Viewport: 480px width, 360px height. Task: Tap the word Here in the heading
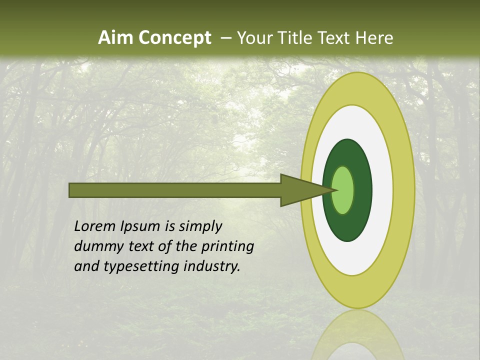tap(374, 38)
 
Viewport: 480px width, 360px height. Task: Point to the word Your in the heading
tap(255, 38)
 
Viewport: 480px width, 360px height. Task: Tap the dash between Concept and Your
tap(225, 38)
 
